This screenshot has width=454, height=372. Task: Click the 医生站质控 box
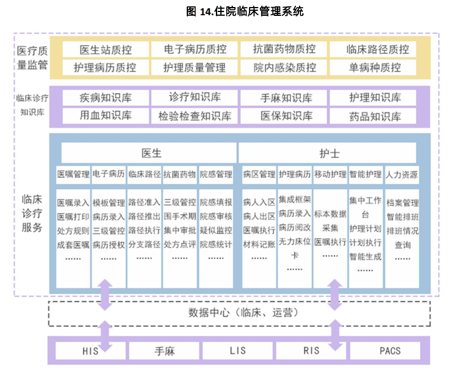coord(105,50)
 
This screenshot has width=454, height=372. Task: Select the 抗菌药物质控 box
coord(284,50)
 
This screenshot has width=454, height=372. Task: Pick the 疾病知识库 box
coord(105,98)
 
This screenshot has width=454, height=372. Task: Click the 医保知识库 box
coord(284,116)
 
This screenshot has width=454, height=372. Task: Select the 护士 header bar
coord(329,153)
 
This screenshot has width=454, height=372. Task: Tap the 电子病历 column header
coord(108,173)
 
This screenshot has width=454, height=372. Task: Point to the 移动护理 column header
coord(330,173)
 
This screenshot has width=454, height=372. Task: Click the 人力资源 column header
coord(402,173)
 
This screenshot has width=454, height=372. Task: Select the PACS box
coord(390,350)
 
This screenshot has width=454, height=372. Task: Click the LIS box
coord(239,350)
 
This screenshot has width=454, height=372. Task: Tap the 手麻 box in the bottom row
coord(164,350)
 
